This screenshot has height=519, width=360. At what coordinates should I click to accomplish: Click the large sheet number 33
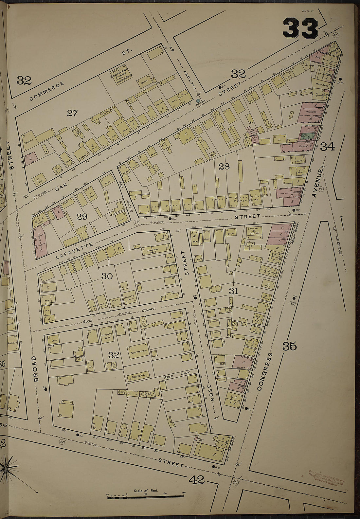[300, 28]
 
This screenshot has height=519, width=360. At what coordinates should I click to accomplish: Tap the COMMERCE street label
[46, 91]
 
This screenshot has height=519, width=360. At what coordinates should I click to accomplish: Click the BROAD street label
[36, 369]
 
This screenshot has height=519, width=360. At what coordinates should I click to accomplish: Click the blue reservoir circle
[198, 101]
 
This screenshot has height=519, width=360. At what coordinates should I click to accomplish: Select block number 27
[72, 113]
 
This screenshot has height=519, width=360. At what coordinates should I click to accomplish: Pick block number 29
[81, 216]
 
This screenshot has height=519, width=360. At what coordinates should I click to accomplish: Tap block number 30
[107, 276]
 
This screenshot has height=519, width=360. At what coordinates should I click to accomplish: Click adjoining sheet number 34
[327, 147]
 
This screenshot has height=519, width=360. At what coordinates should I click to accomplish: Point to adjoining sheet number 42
[197, 480]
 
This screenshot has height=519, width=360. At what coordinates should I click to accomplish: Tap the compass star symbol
[6, 469]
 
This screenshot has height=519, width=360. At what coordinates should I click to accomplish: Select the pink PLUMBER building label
[310, 112]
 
